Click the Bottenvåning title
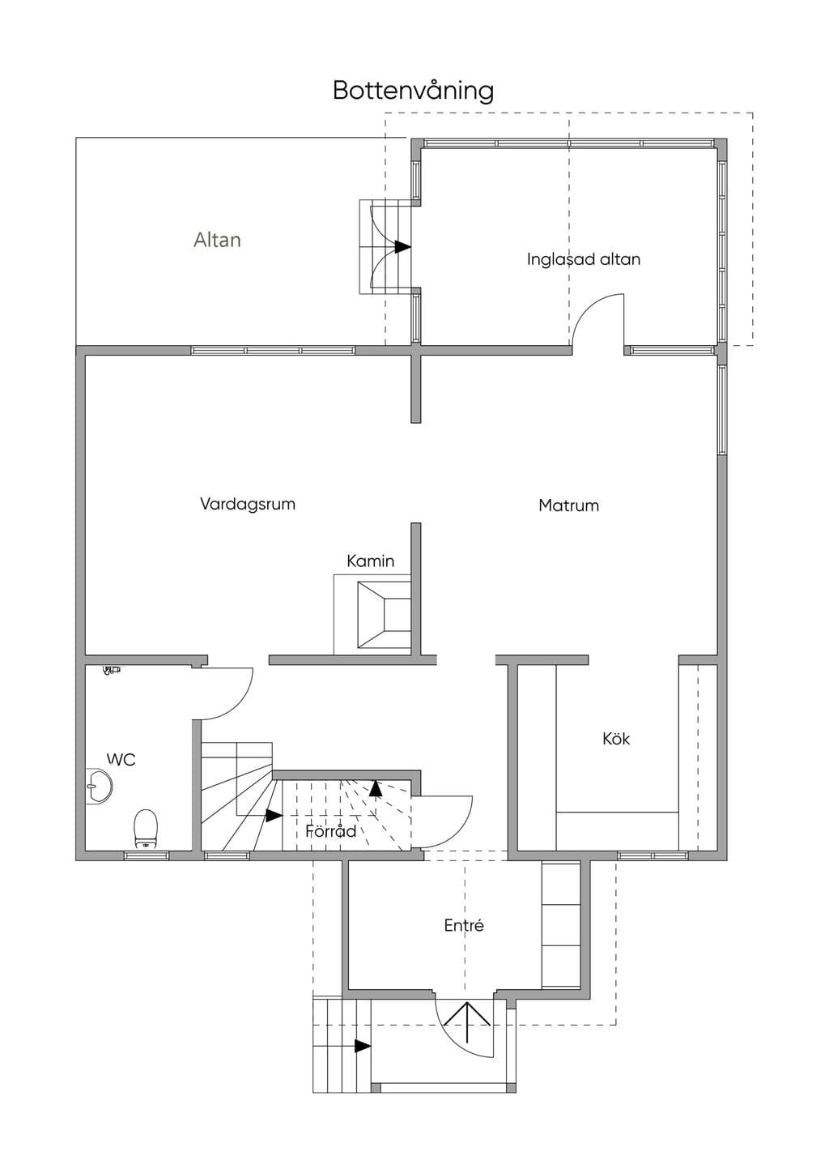(413, 91)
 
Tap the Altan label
(217, 240)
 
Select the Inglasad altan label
(584, 259)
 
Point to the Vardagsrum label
(248, 505)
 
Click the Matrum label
(569, 505)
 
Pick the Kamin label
(371, 561)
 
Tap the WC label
(121, 759)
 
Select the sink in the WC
(99, 786)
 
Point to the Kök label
(616, 739)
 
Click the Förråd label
(331, 831)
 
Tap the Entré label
(464, 926)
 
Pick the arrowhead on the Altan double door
(402, 247)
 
